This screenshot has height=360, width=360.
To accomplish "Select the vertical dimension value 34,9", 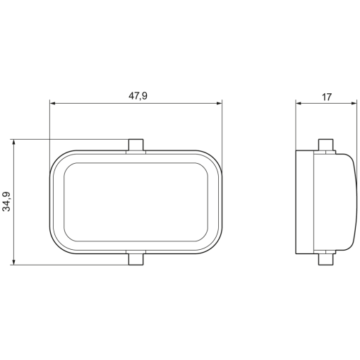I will [x=7, y=202].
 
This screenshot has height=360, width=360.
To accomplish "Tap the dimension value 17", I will [x=325, y=97].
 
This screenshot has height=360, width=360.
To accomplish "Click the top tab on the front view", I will [x=136, y=145].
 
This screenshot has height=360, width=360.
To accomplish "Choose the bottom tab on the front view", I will [x=136, y=258].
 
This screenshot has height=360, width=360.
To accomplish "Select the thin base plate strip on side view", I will [x=304, y=202].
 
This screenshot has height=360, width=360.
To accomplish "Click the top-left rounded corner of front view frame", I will [x=58, y=158].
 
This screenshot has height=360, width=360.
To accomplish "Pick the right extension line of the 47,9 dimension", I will [x=222, y=134].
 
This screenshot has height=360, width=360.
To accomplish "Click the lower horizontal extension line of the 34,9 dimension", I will [x=71, y=265].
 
